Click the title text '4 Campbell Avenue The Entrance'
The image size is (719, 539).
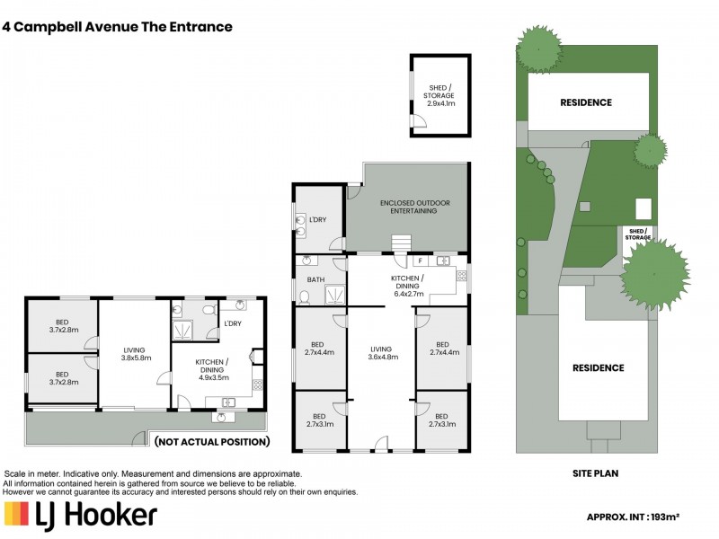118,27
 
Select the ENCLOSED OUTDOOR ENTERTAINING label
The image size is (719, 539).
415,207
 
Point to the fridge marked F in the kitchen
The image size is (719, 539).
420,261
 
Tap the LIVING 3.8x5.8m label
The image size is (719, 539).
137,353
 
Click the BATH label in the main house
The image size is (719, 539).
315,279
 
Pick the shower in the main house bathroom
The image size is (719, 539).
333,295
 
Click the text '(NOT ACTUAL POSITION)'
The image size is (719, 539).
211,442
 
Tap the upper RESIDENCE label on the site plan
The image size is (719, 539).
586,102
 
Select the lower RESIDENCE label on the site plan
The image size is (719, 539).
598,367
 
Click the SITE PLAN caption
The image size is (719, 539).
594,473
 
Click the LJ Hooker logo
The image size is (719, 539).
81,515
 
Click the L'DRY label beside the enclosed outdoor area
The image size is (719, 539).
316,220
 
